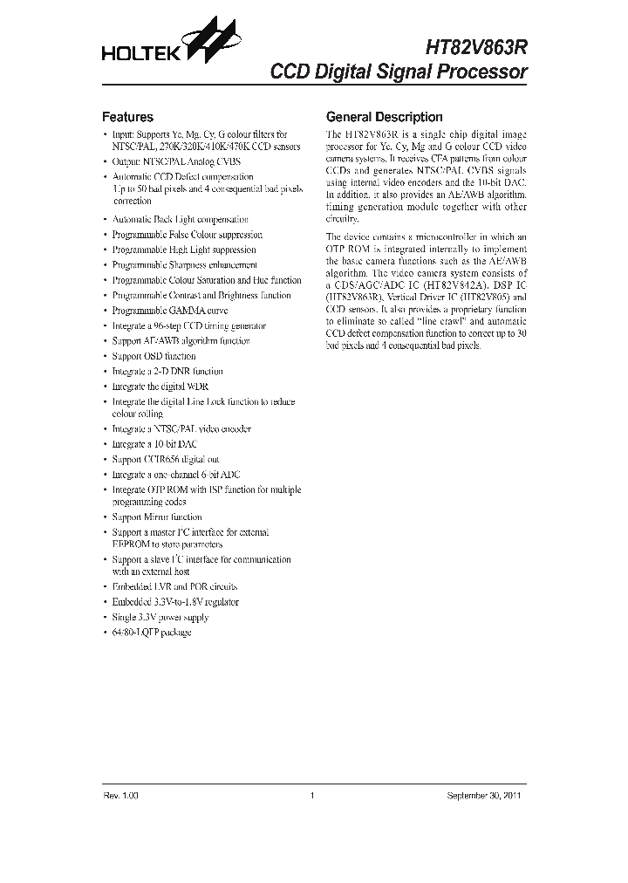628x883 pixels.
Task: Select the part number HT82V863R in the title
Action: point(476,50)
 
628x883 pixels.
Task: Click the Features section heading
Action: point(127,117)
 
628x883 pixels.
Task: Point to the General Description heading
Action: point(384,117)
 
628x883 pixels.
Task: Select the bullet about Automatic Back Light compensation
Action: point(181,219)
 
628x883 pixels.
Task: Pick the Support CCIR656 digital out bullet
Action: point(166,459)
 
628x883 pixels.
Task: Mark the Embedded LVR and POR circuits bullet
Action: point(174,587)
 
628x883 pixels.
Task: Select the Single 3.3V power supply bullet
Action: point(160,617)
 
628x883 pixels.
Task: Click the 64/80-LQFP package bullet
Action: point(152,632)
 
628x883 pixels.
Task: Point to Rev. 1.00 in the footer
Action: point(120,796)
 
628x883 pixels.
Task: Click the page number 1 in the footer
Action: point(311,796)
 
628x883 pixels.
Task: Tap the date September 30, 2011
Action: point(485,796)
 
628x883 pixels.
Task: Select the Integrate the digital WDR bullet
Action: point(160,386)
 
